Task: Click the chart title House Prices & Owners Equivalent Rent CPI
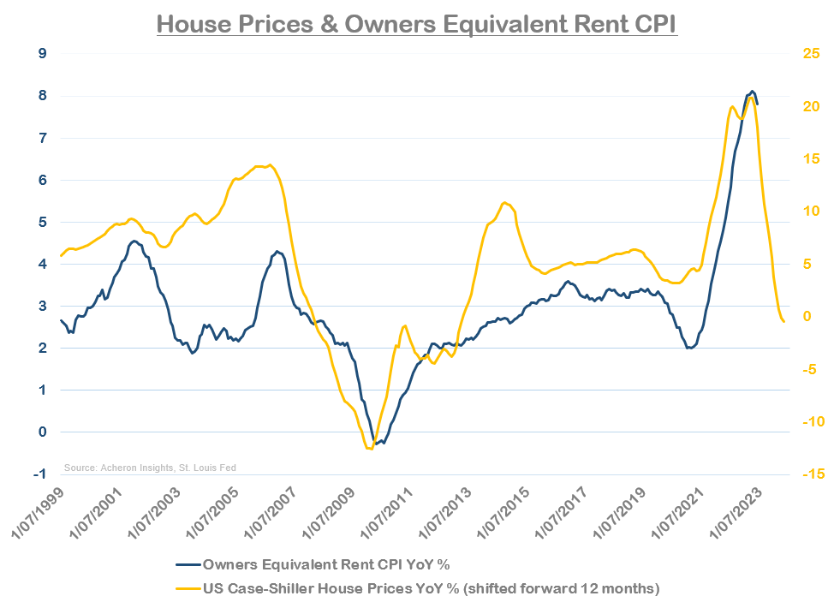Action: click(417, 24)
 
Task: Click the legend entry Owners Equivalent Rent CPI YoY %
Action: click(325, 563)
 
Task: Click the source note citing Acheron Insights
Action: click(150, 468)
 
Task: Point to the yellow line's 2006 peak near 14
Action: click(270, 164)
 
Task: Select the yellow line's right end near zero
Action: click(784, 322)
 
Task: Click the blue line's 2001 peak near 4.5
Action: click(133, 241)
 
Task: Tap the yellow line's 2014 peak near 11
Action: click(504, 202)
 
